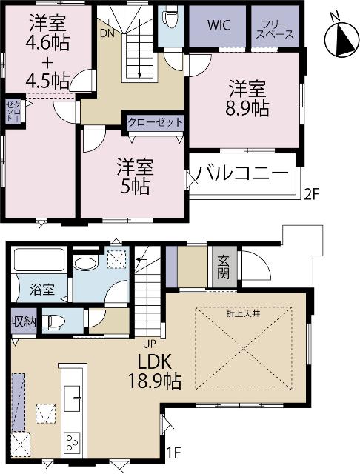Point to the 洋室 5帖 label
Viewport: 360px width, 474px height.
click(x=133, y=176)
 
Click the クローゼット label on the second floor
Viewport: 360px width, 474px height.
click(x=155, y=122)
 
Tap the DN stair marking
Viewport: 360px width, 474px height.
click(x=106, y=34)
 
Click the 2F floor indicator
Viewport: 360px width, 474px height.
click(x=314, y=196)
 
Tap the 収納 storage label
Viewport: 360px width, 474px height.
click(x=22, y=321)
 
